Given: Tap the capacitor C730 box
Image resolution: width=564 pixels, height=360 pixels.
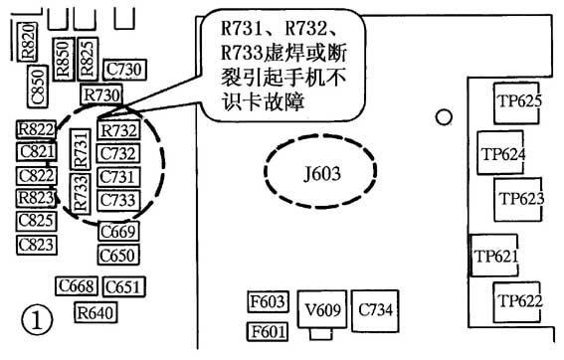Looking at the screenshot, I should click(123, 69).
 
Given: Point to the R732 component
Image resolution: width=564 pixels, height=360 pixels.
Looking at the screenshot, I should click(119, 131).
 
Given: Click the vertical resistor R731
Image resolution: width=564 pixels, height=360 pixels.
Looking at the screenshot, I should click(82, 153).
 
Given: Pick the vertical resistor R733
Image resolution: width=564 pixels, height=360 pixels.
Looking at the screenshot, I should click(82, 191).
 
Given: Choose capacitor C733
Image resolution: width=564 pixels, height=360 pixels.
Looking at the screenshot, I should click(118, 200).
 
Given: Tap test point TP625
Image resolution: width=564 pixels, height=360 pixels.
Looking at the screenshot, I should click(517, 100).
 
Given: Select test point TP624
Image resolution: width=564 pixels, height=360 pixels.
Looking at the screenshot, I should click(502, 154).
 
